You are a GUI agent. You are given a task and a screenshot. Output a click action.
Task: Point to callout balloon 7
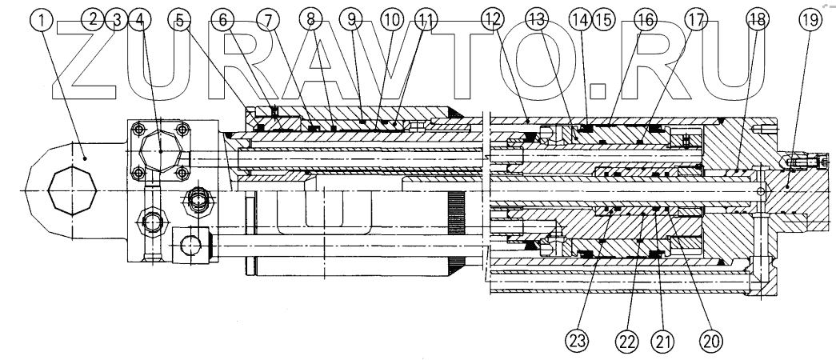coord(271,19)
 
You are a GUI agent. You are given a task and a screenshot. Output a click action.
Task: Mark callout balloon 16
coord(645,19)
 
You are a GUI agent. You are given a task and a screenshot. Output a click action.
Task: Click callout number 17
coord(698,19)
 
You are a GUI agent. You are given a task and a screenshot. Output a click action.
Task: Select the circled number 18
coord(754,19)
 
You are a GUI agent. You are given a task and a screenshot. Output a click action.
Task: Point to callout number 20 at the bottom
coord(710,340)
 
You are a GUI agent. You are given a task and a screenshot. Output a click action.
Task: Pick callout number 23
coord(578,340)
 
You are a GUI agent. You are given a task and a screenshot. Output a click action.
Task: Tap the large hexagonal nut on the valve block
coord(160,150)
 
